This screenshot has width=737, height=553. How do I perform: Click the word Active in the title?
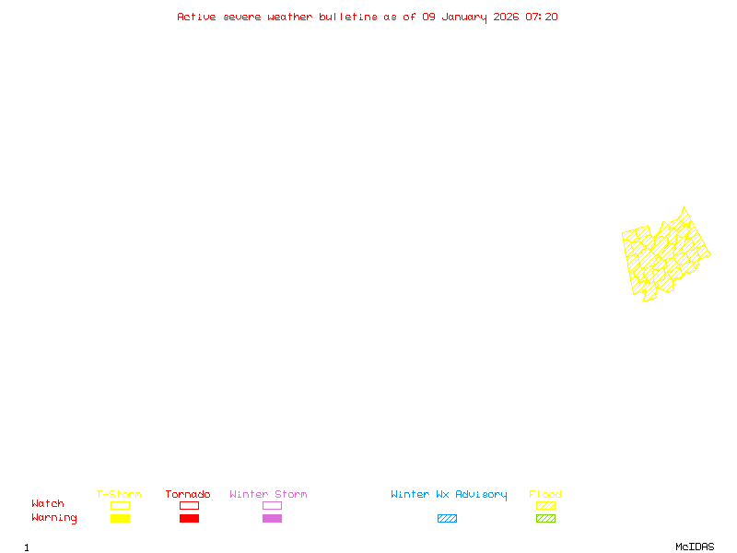196,17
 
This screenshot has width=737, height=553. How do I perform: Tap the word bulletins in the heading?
348,17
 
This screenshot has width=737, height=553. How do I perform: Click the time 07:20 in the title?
542,17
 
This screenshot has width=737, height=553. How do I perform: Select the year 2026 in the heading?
508,17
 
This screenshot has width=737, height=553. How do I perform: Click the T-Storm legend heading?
119,495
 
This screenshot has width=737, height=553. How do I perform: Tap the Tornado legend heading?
188,495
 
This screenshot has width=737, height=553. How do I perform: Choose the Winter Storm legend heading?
268,495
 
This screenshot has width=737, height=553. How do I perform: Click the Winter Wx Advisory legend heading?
449,495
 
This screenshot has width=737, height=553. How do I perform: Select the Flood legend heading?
545,495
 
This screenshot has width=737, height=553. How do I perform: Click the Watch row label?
48,504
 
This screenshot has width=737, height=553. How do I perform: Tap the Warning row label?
54,518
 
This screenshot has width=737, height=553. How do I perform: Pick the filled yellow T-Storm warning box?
120,519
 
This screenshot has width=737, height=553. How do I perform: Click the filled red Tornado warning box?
189,519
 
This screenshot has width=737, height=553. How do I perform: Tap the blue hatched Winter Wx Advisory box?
447,519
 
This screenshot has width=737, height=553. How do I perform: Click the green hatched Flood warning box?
545,519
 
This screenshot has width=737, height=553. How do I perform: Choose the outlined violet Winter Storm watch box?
272,506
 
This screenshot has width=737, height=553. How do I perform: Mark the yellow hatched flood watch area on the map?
665,255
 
